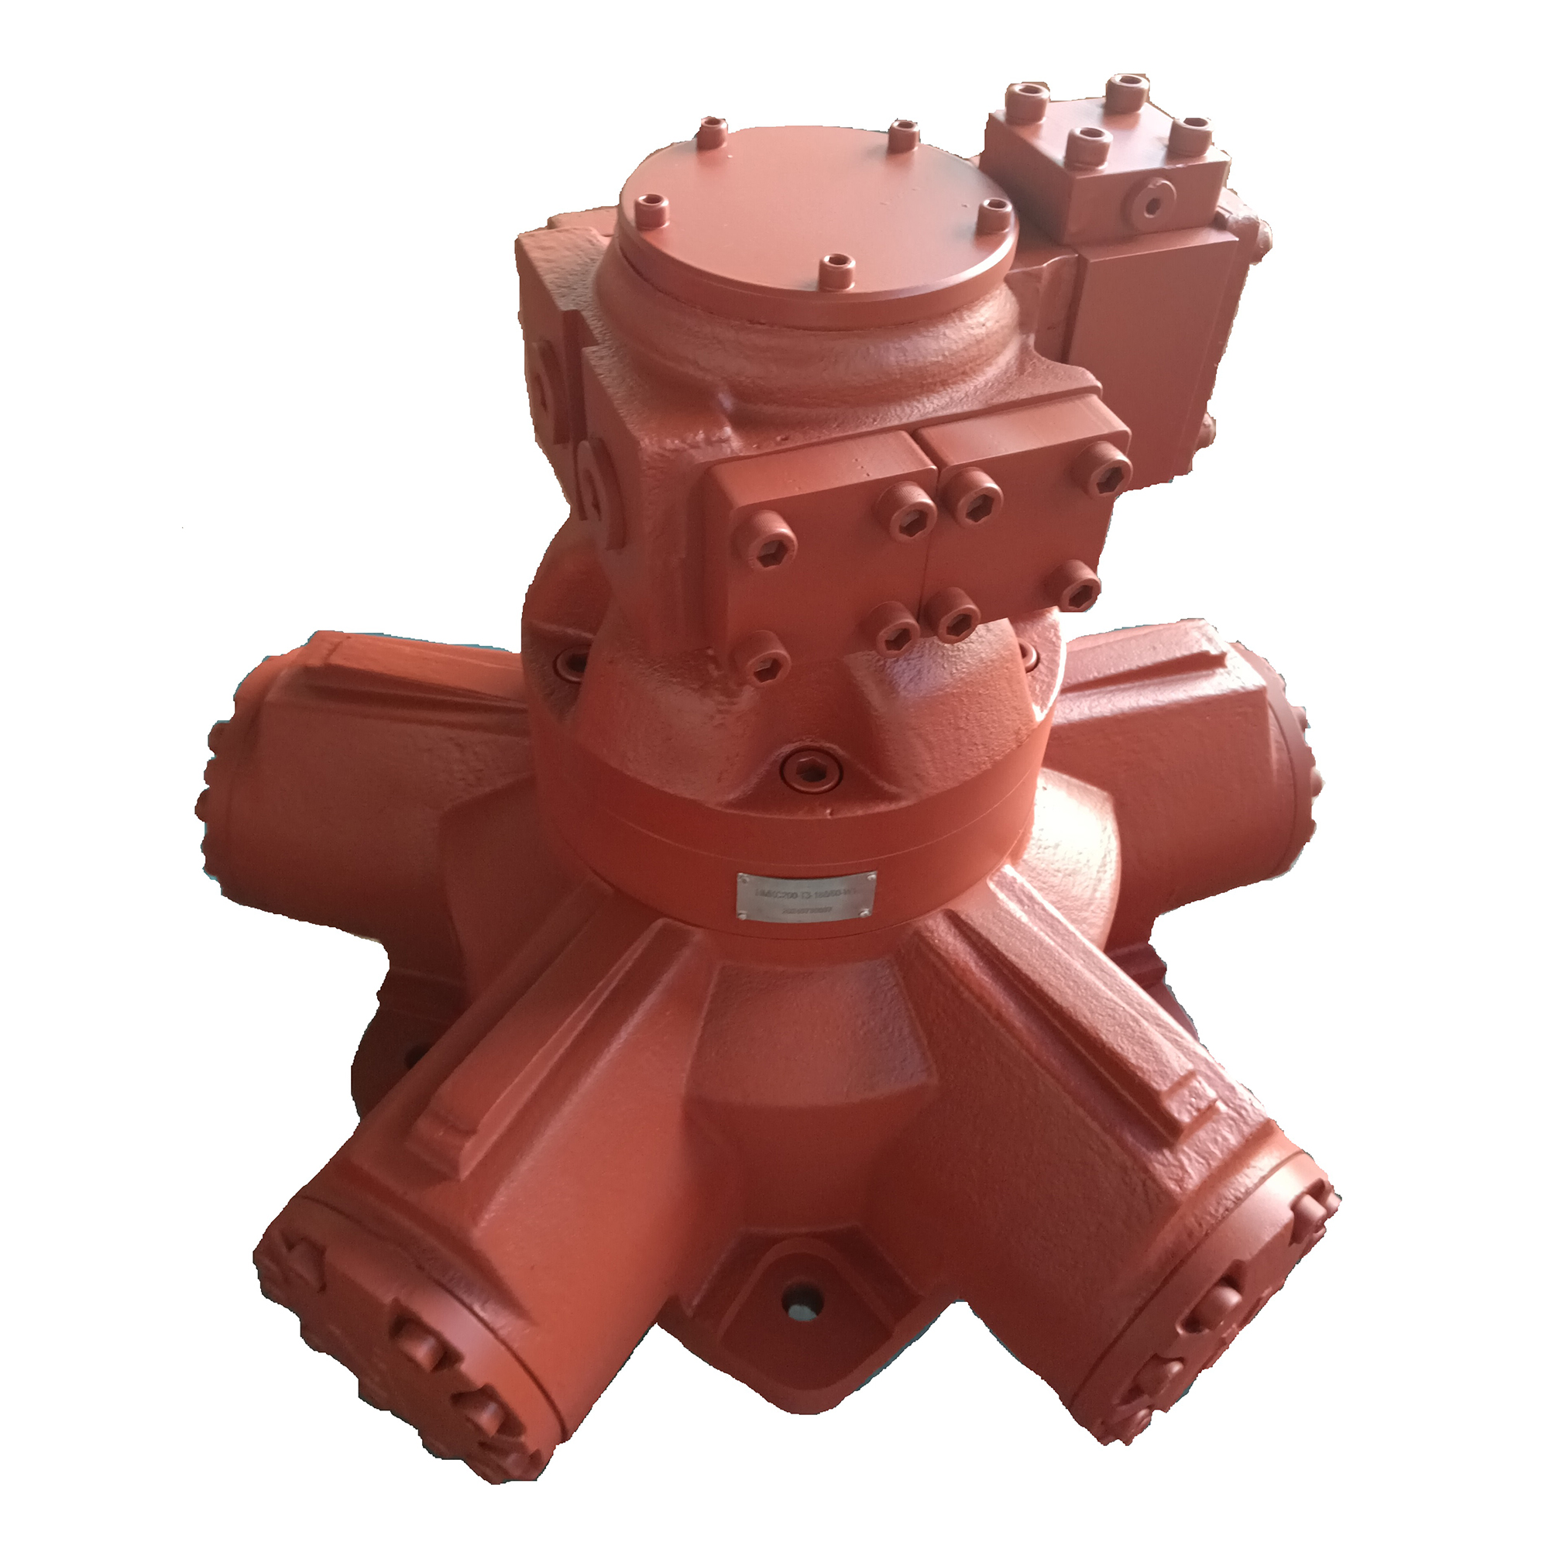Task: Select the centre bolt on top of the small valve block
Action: (1091, 143)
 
